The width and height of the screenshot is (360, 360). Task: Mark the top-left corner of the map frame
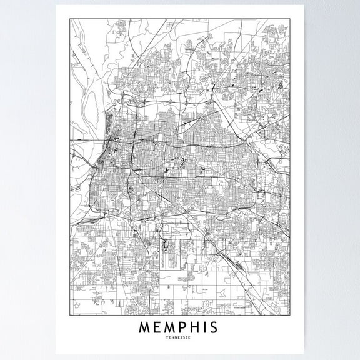(x=69, y=19)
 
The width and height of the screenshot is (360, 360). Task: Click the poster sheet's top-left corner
(x=56, y=6)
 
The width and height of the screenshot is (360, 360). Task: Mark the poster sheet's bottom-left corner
(x=56, y=355)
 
